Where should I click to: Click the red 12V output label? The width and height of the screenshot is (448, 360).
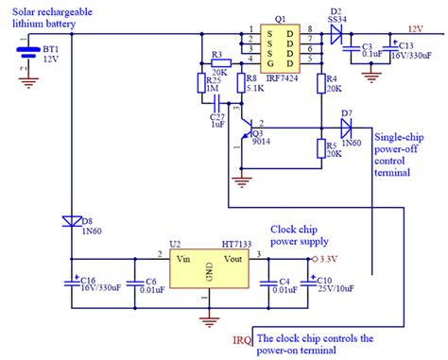point(415,30)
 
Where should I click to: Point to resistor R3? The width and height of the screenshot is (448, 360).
point(218,63)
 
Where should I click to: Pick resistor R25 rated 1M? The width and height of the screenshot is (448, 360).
point(200,83)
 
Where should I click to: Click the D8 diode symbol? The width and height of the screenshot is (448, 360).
point(72,220)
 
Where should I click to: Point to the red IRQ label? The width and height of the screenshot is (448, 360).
point(243,337)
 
